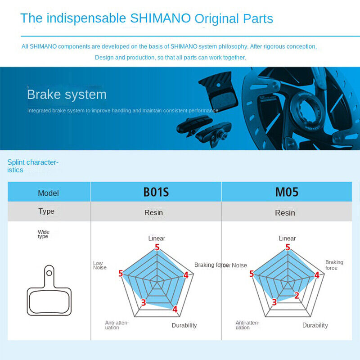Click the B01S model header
coord(156,192)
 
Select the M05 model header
coord(287,192)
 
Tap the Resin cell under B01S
coord(153,212)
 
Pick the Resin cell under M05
coord(285,212)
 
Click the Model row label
coord(48,193)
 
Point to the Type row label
coord(46,211)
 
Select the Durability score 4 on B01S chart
coord(175,309)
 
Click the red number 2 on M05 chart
coord(297,295)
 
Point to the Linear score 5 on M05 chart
coord(288,247)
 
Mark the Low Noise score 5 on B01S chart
coord(121,274)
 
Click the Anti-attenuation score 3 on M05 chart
coord(274,302)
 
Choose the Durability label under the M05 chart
coord(315,325)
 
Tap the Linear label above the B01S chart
coord(157,238)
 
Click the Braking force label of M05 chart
coord(334,265)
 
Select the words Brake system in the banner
coord(67,94)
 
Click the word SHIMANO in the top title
coord(160,18)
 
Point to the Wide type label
coord(44,234)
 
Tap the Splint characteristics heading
coord(33,166)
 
